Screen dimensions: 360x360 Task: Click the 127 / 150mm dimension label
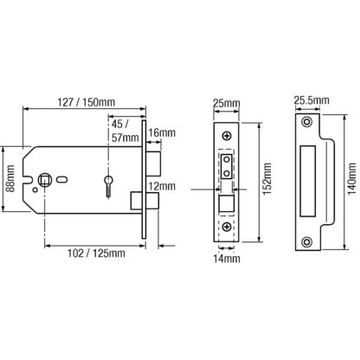(x=87, y=102)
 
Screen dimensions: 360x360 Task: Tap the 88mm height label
(x=10, y=179)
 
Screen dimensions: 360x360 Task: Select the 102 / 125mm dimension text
(x=96, y=254)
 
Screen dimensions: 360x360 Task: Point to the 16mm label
(x=162, y=133)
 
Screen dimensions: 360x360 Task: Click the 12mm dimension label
(x=162, y=186)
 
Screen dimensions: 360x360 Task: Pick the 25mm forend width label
(x=227, y=103)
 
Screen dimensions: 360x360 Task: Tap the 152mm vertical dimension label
(x=267, y=179)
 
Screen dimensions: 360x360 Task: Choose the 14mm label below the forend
(x=227, y=259)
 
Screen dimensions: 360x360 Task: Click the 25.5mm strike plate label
(x=312, y=100)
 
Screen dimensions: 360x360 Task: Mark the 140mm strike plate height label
(x=352, y=179)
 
